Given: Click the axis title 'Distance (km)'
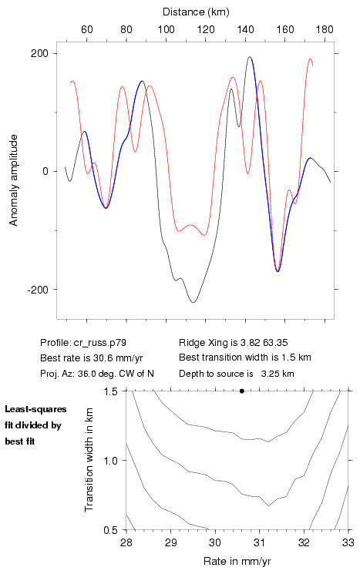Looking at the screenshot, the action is point(196,12).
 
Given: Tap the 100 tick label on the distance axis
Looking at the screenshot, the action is point(166,29).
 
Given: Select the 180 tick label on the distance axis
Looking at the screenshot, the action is point(325,29).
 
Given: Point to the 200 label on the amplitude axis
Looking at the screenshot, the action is point(39,53).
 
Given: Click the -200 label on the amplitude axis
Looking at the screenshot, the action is point(37,289).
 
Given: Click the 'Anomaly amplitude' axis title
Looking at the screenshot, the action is point(14,180).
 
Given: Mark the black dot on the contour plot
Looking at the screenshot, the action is point(242,391).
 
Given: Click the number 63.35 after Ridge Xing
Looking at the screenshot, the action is point(275,343).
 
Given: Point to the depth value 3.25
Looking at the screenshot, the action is point(269,374).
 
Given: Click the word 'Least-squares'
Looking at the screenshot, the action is point(35,409).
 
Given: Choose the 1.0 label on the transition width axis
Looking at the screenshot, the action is point(111,461).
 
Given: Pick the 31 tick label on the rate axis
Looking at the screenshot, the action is point(259,542).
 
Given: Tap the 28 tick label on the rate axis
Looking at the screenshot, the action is point(126,542).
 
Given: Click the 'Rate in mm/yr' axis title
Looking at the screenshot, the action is point(237,561).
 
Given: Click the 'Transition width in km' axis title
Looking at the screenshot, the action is point(89,460).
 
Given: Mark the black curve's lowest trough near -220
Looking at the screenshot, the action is point(193,302).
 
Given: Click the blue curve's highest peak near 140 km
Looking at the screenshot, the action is point(250,57).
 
